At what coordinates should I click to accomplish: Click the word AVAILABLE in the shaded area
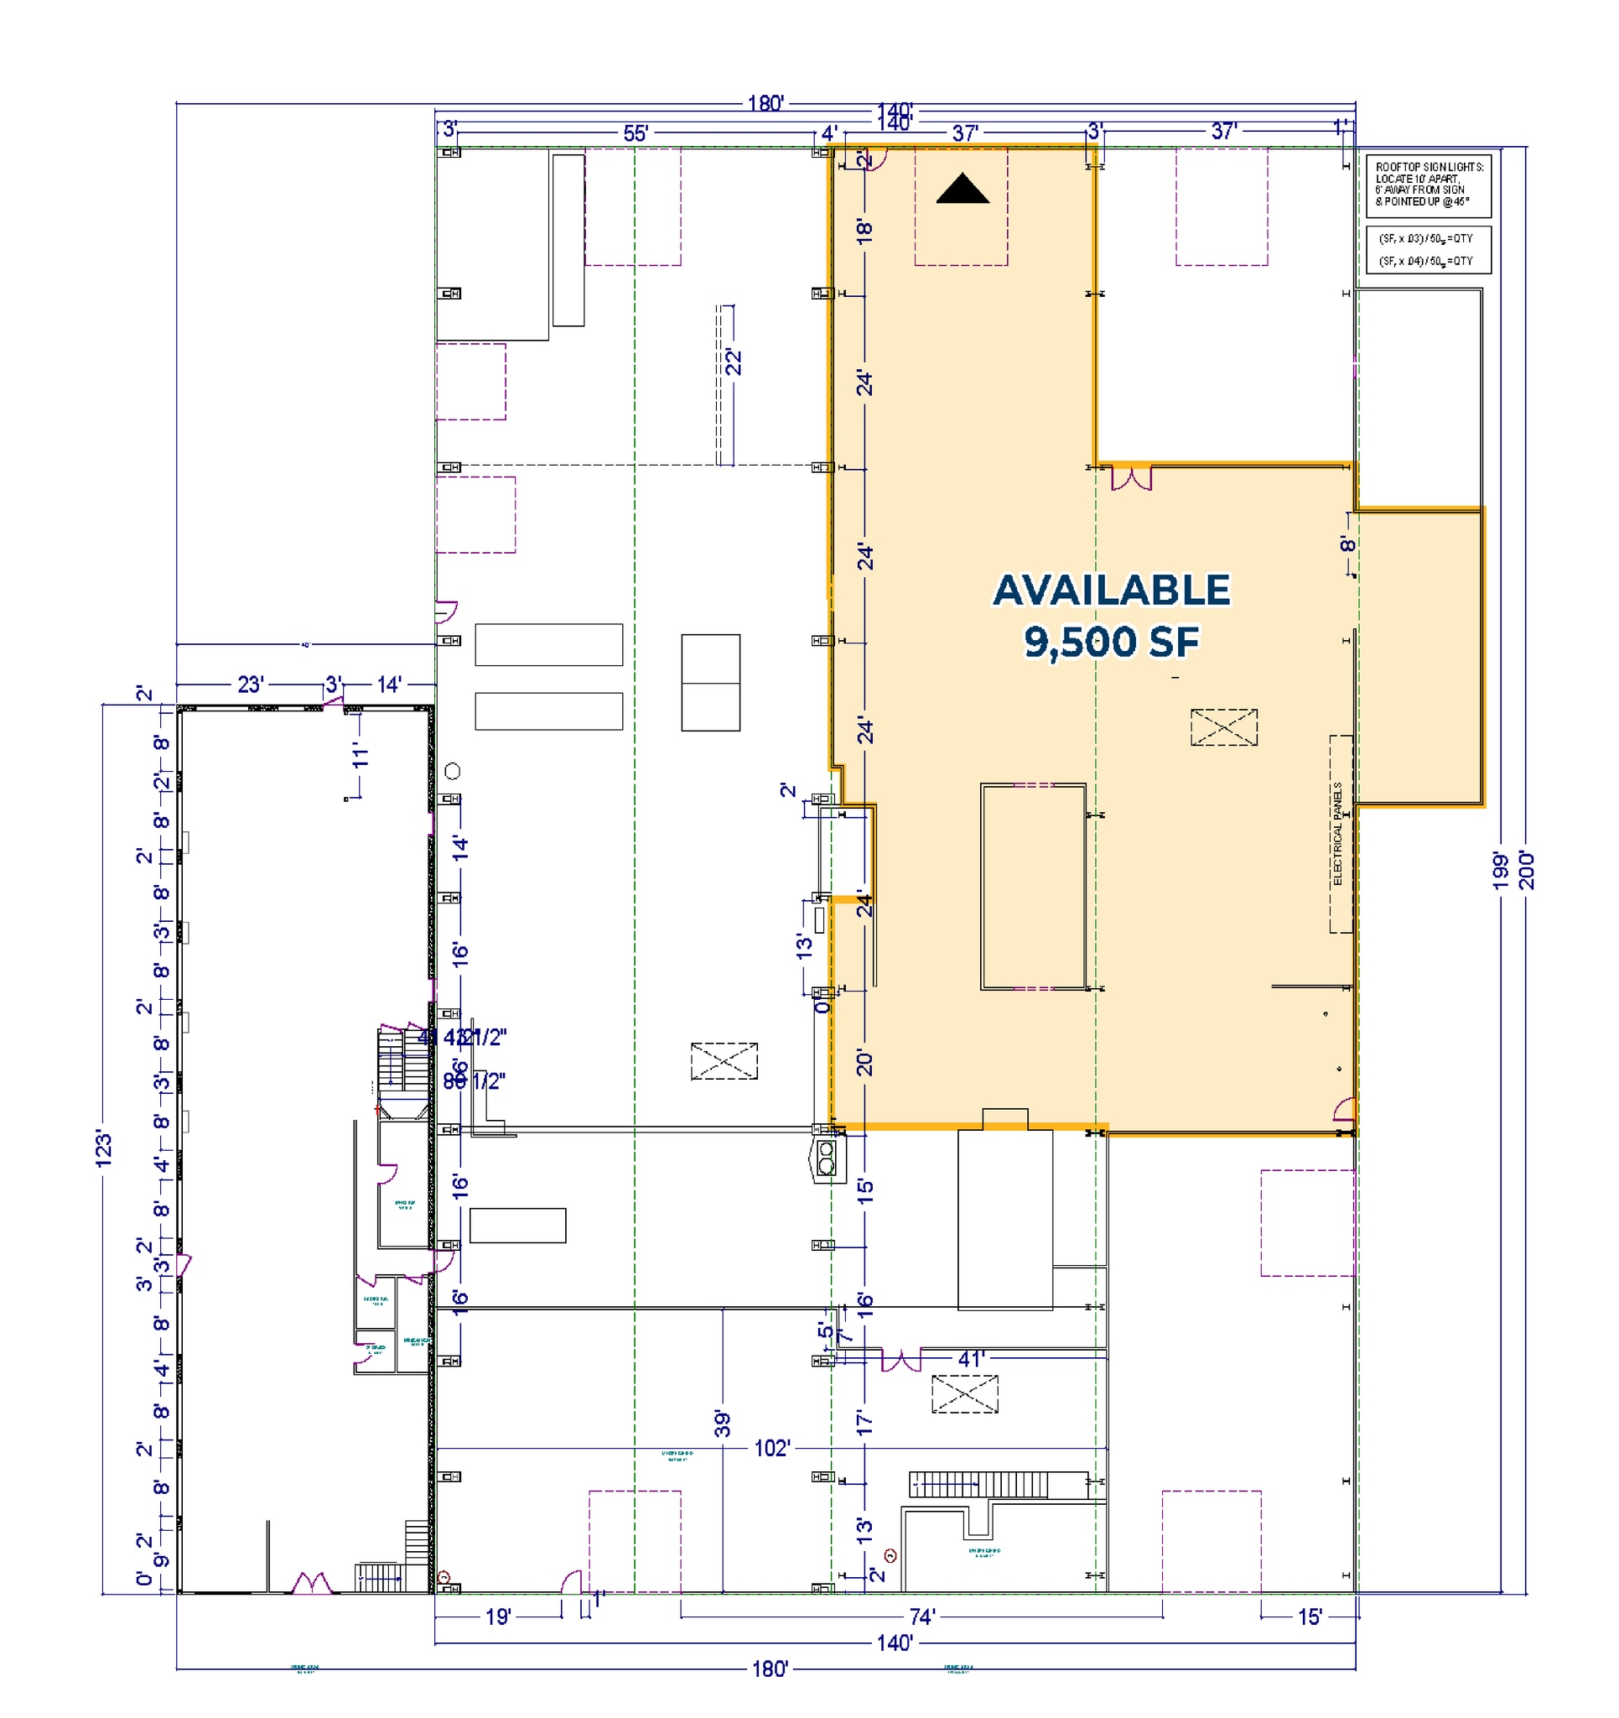[1111, 591]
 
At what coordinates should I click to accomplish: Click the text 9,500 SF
[1111, 641]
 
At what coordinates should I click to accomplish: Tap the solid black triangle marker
[963, 190]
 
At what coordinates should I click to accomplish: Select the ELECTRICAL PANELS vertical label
[1337, 834]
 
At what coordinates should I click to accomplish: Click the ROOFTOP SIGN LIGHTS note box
[1428, 185]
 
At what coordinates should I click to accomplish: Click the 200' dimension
[1526, 870]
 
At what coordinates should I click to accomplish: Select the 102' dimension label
[771, 1449]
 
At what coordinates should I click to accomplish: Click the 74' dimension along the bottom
[921, 1616]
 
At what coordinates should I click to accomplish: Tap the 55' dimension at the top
[635, 134]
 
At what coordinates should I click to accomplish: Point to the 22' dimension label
[733, 362]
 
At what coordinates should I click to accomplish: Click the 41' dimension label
[970, 1359]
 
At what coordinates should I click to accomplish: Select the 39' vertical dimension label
[722, 1424]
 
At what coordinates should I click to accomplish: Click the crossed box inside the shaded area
[1223, 726]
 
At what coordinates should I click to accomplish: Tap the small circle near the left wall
[452, 771]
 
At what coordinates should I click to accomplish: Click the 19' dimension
[499, 1616]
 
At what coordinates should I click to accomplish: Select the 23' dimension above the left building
[250, 685]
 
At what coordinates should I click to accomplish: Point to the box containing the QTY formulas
[1428, 251]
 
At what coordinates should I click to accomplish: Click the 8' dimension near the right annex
[1347, 544]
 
